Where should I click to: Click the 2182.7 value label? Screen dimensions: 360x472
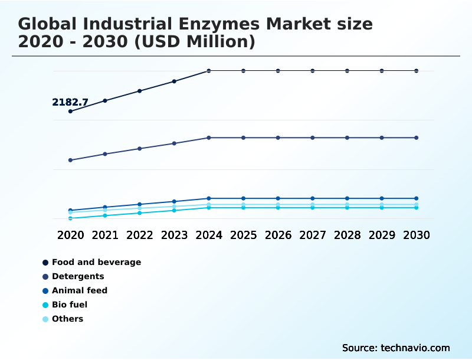coord(70,103)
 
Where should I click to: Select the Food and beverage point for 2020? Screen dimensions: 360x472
coord(70,111)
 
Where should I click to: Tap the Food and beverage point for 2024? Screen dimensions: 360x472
coord(209,71)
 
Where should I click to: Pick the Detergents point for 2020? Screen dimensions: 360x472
coord(70,160)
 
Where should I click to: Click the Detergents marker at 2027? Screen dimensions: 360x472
coord(313,138)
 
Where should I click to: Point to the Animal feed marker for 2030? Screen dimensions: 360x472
coord(417,198)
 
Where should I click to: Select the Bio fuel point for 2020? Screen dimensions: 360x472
coord(70,218)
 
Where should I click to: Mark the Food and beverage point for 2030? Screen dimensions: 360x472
coord(417,71)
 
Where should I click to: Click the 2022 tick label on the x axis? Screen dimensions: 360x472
coord(140,235)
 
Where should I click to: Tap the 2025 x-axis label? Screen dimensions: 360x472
coord(243,235)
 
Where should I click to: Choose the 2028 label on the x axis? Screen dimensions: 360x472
coord(347,235)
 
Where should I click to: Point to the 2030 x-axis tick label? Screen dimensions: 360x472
coord(417,235)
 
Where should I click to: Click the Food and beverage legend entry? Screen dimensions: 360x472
coord(96,262)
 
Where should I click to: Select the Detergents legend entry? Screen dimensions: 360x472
coord(78,276)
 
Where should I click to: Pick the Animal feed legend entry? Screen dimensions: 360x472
coord(80,290)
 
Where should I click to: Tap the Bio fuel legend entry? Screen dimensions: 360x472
coord(70,305)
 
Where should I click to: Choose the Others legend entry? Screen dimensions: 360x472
coord(67,319)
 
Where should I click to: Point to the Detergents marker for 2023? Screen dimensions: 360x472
coord(174,143)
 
